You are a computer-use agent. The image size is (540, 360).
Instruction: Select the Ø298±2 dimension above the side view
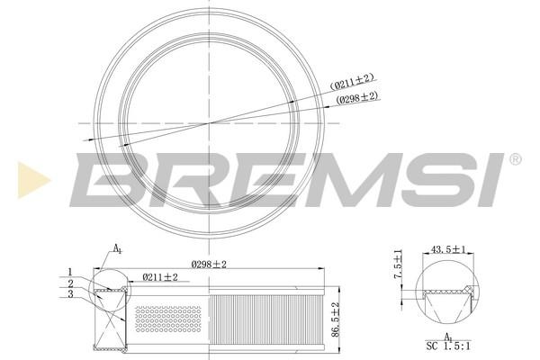click(209, 265)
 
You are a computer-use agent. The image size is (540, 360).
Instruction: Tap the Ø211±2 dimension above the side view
click(160, 277)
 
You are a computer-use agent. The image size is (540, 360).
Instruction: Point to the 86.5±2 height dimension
click(336, 319)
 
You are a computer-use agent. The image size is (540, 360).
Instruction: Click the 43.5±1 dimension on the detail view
click(447, 249)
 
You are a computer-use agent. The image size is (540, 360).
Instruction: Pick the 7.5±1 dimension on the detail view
click(398, 264)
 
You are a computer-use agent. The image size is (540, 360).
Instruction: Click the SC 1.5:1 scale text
click(448, 346)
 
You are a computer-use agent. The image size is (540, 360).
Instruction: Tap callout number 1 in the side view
click(70, 272)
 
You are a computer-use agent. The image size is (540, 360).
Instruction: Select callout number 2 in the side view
click(70, 283)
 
